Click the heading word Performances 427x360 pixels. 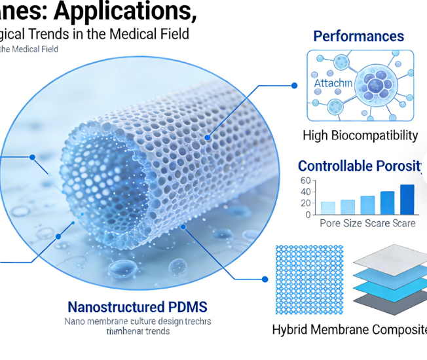[x=358, y=36]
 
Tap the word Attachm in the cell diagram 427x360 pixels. [x=333, y=84]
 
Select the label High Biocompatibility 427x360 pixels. [x=360, y=135]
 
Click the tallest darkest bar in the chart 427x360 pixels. [x=407, y=199]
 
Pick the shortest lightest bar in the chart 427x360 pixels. [x=328, y=207]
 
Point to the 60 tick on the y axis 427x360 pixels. [x=305, y=181]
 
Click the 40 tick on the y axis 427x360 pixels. [x=305, y=192]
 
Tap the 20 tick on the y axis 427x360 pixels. [x=305, y=203]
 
